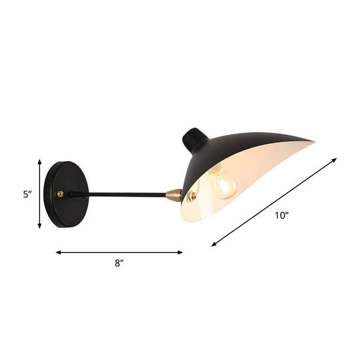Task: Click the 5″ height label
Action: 27,195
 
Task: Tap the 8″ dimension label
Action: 119,264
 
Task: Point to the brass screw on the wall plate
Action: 61,194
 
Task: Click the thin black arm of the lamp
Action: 120,195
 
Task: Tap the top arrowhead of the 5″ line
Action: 39,162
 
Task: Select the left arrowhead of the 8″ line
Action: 58,253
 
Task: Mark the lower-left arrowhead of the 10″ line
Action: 214,245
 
